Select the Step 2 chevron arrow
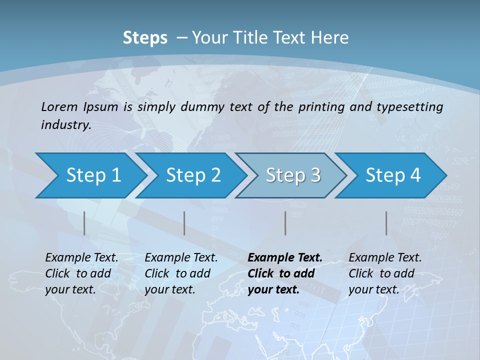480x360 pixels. click(x=193, y=175)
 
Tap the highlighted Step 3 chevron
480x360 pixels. click(x=293, y=175)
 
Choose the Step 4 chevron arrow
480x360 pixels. click(x=393, y=175)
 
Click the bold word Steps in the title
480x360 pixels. click(x=145, y=37)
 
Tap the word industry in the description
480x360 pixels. click(x=66, y=124)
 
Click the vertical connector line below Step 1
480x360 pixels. click(x=84, y=223)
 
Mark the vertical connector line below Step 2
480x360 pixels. click(x=184, y=223)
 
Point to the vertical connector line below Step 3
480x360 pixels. click(x=285, y=223)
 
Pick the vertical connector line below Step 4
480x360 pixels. click(x=386, y=223)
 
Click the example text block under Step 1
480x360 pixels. click(x=81, y=273)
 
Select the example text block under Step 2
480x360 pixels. click(x=181, y=273)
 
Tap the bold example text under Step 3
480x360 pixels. click(x=285, y=273)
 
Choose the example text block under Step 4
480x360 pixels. click(x=385, y=273)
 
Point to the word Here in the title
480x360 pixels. click(x=330, y=37)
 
